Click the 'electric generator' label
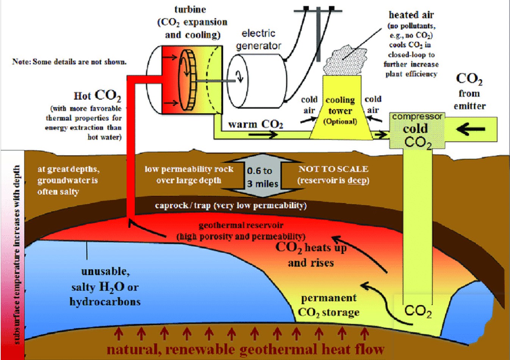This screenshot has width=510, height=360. (258, 39)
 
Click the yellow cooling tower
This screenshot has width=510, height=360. (340, 110)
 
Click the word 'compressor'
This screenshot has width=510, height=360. (417, 116)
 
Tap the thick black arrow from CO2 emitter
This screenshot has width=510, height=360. (471, 130)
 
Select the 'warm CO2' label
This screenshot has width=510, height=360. (255, 124)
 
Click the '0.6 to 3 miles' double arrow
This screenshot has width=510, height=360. (262, 177)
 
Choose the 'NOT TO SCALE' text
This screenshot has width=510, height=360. (333, 169)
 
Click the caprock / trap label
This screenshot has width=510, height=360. (230, 205)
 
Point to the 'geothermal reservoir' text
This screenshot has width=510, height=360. (241, 225)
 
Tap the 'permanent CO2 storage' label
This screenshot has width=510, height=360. (329, 305)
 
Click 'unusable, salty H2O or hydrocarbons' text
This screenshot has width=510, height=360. (105, 286)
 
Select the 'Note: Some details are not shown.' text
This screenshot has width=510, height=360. (69, 61)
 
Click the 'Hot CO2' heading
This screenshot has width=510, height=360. (97, 95)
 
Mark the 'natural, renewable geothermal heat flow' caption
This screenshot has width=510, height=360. (246, 349)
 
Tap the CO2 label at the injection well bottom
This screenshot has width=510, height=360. (418, 311)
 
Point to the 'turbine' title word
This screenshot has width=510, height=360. (190, 9)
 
